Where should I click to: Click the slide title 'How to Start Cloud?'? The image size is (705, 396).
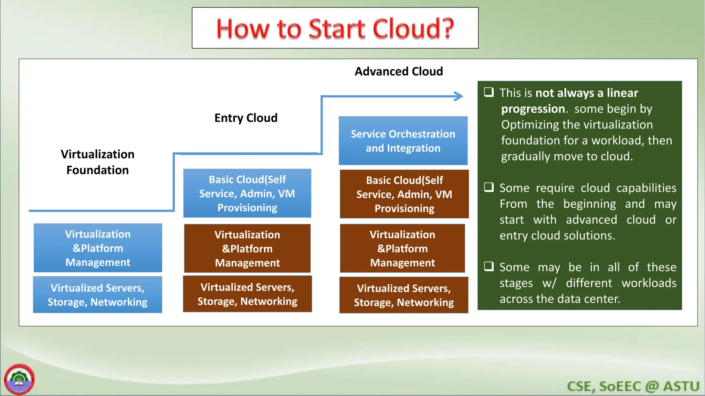(335, 28)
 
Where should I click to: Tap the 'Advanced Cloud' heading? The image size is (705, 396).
(399, 71)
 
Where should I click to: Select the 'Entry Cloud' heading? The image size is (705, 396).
(246, 118)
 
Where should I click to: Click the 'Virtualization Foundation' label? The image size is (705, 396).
(97, 162)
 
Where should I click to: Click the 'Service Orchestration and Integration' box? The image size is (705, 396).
(403, 141)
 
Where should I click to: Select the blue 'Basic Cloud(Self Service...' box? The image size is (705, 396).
(247, 193)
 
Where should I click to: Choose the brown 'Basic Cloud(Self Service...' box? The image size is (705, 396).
(404, 194)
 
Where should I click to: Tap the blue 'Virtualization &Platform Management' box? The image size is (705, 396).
(98, 248)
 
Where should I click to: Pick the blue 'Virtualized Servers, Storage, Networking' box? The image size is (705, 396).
(97, 295)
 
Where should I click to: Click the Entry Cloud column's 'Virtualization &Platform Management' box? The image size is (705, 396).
(247, 249)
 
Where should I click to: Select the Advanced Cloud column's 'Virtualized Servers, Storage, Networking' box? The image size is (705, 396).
(404, 295)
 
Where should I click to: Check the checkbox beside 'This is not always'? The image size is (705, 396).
(489, 92)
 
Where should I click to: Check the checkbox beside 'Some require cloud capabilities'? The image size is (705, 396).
(489, 187)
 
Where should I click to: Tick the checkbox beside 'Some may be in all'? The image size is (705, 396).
(489, 266)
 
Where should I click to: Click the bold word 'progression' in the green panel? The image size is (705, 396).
(533, 109)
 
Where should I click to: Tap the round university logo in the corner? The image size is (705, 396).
(19, 379)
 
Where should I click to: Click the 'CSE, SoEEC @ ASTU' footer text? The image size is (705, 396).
(633, 386)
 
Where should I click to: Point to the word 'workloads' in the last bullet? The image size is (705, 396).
(649, 283)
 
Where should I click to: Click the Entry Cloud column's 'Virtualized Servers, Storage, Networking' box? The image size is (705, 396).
(247, 294)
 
